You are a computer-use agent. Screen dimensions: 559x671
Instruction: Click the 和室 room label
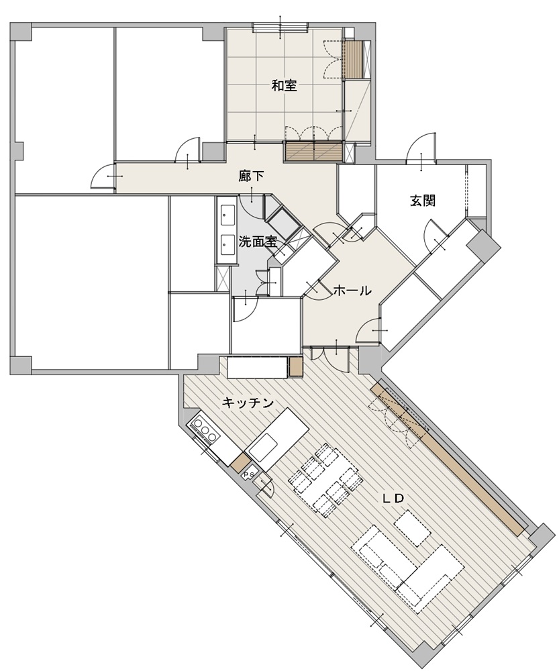tap(285, 87)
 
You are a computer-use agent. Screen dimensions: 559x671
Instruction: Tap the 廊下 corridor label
tap(251, 176)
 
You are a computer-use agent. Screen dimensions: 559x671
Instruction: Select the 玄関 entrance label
tap(423, 200)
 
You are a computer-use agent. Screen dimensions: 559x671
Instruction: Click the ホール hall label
tap(352, 291)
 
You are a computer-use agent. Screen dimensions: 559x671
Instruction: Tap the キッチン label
tap(248, 402)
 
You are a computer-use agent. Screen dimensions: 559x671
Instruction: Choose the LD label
tap(393, 499)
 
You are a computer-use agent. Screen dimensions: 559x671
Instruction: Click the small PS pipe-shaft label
tap(249, 474)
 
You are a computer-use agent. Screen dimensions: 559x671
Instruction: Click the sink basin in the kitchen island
tap(265, 446)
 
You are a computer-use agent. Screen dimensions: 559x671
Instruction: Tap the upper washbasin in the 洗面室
tap(228, 213)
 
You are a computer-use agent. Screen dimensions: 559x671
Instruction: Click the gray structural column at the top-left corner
tap(21, 32)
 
